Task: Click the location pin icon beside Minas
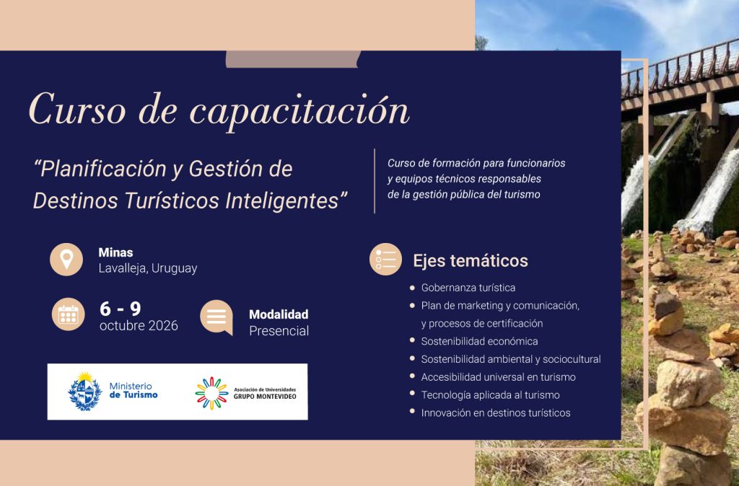pos(66,260)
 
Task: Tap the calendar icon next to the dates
pos(69,314)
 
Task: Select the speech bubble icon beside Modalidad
pos(217,317)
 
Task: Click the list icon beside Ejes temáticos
pos(385,259)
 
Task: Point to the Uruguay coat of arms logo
pos(85,392)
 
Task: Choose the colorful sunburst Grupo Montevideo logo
pos(211,393)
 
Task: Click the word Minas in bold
pos(115,252)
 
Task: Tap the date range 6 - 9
pos(121,309)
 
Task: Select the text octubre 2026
pos(139,325)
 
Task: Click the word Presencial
pos(279,331)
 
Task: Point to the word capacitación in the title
pos(299,111)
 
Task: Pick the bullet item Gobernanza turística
pos(468,288)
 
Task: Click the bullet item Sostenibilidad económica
pos(479,341)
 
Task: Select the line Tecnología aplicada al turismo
pos(491,395)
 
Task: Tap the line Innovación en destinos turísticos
pos(496,413)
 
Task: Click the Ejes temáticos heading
pos(471,260)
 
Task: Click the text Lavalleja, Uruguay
pos(147,268)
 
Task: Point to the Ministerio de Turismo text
pos(134,390)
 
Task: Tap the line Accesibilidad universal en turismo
pos(498,377)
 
